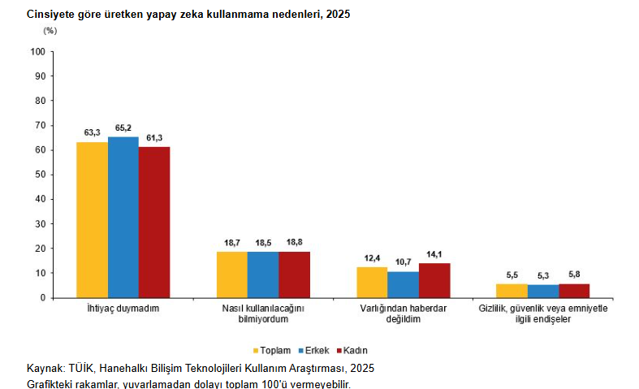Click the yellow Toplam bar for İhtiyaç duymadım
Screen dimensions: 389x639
pos(92,219)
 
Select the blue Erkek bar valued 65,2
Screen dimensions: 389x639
pos(123,217)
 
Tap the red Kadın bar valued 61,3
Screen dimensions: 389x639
pos(154,222)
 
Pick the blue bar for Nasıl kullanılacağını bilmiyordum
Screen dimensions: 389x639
pos(263,274)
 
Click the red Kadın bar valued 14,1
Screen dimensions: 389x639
pos(434,280)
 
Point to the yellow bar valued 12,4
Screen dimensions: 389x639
pos(372,282)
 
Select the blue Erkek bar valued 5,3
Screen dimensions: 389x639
pos(542,291)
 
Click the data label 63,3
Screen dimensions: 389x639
pos(92,132)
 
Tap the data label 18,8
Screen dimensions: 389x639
pos(295,242)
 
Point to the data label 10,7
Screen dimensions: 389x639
pos(403,261)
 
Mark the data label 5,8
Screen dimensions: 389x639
pos(574,274)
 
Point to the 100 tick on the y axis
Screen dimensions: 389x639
pos(37,52)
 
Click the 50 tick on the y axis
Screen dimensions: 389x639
pos(40,175)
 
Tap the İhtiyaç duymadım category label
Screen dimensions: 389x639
pos(123,309)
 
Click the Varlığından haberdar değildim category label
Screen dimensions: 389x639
pos(403,314)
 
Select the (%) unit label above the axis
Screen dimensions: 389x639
pos(50,31)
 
